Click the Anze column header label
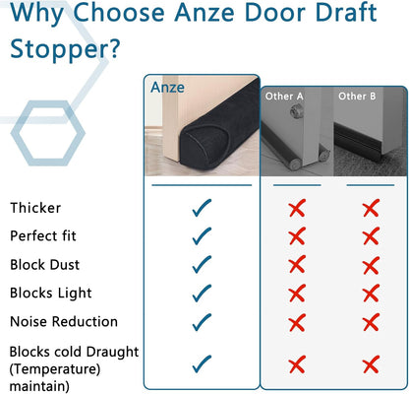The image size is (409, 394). [167, 87]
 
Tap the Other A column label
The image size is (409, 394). [284, 96]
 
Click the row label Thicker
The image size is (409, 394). [35, 208]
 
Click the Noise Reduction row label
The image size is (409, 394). [64, 321]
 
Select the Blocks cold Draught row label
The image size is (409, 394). [74, 352]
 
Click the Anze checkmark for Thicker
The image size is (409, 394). [202, 208]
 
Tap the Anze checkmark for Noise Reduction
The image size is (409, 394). [202, 321]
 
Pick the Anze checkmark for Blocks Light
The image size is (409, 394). [202, 293]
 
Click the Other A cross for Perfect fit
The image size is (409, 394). [296, 236]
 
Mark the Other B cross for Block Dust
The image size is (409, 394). [370, 265]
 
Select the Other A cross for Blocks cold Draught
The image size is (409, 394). [296, 365]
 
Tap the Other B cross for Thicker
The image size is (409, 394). [370, 208]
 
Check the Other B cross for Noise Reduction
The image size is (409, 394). [370, 322]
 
